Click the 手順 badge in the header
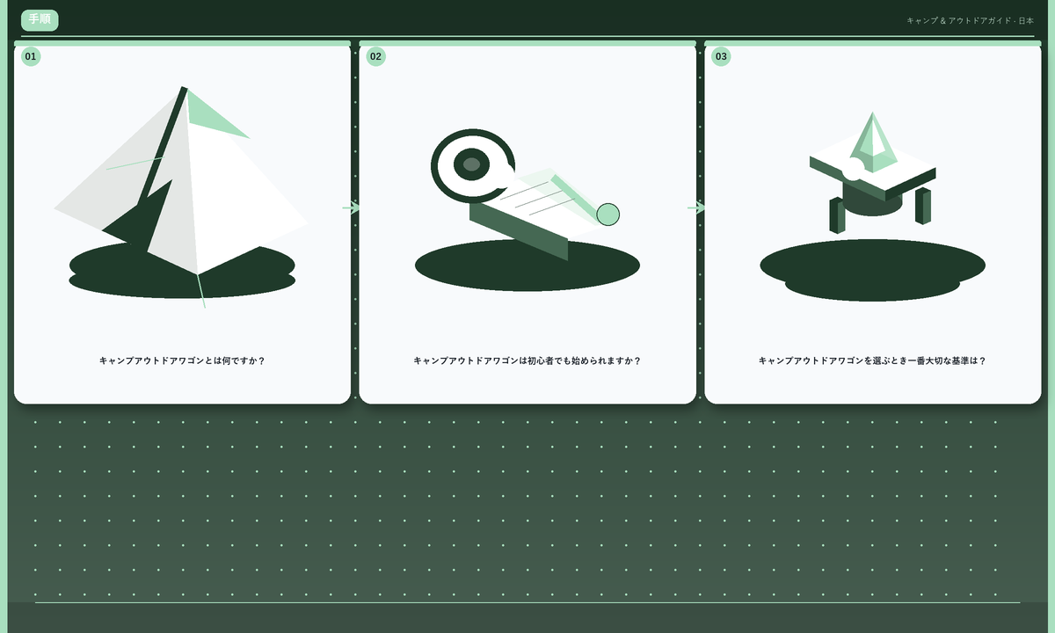[x=40, y=20]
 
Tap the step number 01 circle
[x=31, y=56]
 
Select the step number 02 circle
[x=376, y=56]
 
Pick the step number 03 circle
[x=721, y=56]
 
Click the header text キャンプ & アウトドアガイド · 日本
[x=971, y=21]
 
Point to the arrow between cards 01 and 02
[x=351, y=207]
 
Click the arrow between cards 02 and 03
[x=696, y=207]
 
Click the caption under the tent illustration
[x=182, y=360]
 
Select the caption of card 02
[x=527, y=360]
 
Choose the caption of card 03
[x=873, y=360]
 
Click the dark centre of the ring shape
[x=471, y=164]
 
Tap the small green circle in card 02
[x=608, y=215]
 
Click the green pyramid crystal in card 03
[x=873, y=143]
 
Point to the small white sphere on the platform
[x=853, y=169]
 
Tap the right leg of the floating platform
[x=923, y=206]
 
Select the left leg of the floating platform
[x=837, y=215]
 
